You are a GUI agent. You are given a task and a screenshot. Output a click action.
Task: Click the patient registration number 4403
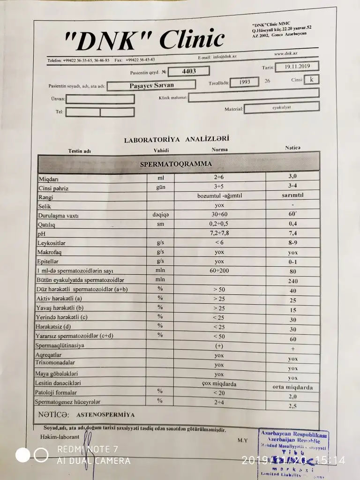click(188, 71)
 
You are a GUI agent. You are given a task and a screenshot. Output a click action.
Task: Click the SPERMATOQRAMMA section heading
click(176, 164)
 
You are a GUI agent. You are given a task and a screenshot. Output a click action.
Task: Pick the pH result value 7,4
click(292, 233)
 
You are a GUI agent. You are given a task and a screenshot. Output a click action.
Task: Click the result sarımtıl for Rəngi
click(292, 195)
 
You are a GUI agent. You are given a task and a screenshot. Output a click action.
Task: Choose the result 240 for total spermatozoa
click(293, 281)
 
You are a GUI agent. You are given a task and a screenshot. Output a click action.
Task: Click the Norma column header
click(219, 150)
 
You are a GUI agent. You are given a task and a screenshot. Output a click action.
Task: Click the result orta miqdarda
click(293, 388)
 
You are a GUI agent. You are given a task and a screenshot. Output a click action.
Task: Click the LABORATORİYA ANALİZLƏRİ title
click(176, 139)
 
